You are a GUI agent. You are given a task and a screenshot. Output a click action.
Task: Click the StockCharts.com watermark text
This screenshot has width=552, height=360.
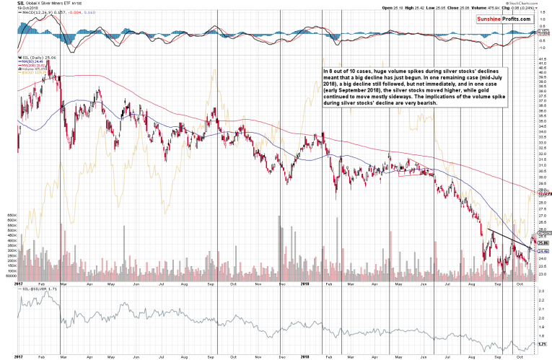click(527, 3)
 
